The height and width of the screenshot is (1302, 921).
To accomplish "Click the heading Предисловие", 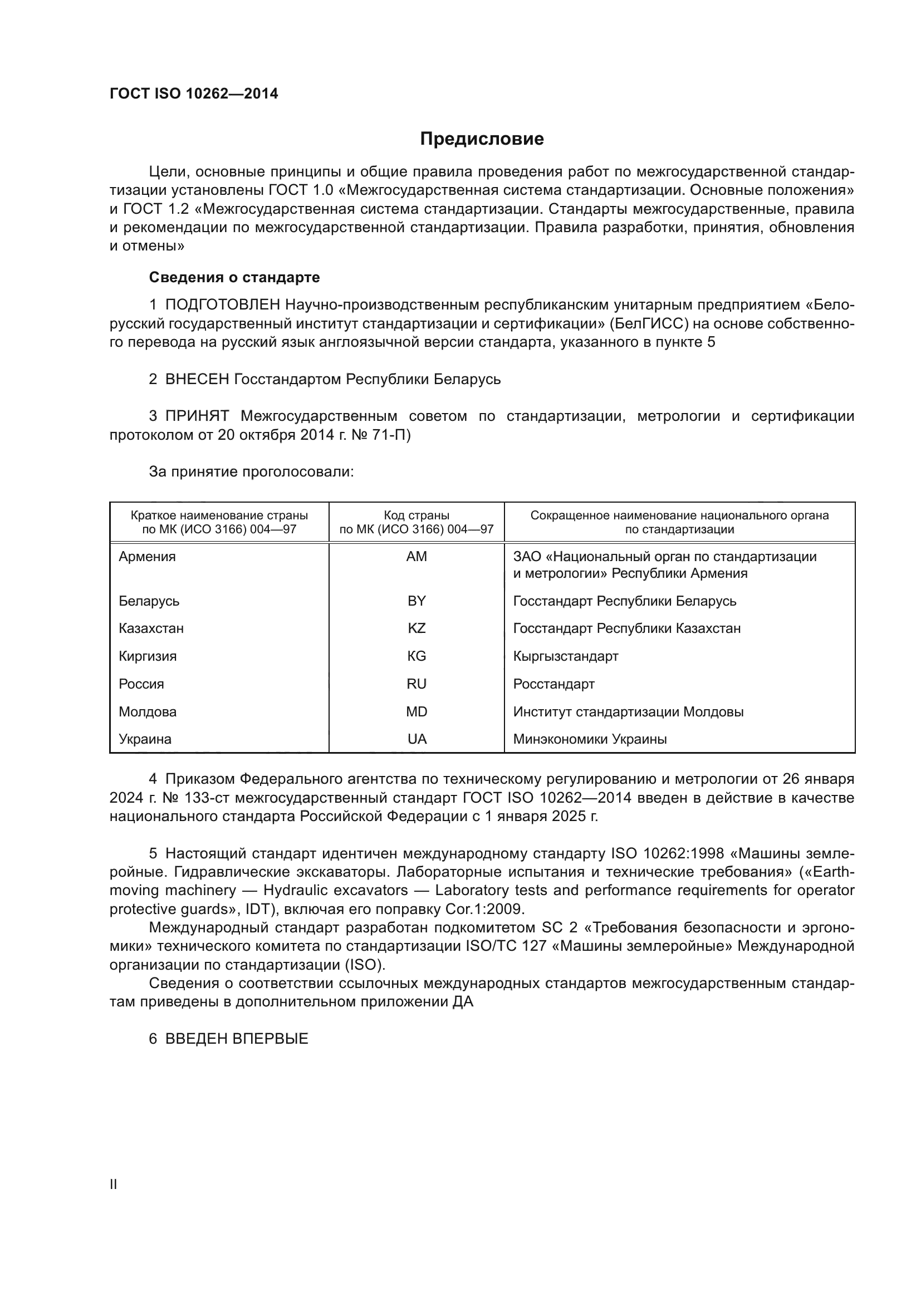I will coord(482,139).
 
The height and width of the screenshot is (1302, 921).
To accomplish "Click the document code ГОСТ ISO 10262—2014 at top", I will coord(194,94).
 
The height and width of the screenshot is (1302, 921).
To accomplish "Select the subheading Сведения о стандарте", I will coord(234,277).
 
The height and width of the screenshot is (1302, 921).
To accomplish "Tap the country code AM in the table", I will coord(417,556).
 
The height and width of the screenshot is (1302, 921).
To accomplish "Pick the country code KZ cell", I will coord(417,628).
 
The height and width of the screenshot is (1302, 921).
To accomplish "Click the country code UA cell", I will coord(417,739).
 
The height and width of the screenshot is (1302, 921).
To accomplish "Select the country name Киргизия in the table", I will coord(148,656).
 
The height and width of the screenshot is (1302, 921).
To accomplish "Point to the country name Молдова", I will coord(148,712).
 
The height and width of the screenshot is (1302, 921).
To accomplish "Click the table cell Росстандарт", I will coord(553,684).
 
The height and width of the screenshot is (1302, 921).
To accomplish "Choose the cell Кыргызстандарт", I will coord(565,656).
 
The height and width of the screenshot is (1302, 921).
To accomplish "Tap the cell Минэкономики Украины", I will coord(590,739).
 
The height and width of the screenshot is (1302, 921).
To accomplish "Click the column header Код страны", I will coord(417,515).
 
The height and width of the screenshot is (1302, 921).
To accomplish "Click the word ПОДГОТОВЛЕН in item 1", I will coord(222,305).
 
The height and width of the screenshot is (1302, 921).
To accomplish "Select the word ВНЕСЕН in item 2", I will coord(197,379).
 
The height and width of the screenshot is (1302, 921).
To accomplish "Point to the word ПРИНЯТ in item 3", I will coord(197,416).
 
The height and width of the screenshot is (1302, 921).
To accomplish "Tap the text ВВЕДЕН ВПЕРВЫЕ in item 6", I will coord(237,1039).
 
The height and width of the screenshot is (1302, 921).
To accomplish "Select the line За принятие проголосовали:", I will coord(251,471).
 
